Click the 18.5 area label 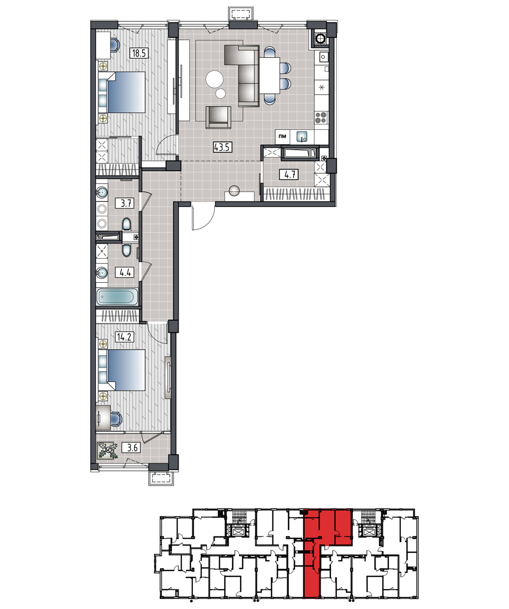point(139,53)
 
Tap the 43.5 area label point(223,147)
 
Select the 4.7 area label point(289,175)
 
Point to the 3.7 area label point(124,203)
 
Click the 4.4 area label point(124,273)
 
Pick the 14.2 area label point(124,337)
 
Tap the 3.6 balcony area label point(131,448)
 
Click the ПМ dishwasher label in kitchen point(282,136)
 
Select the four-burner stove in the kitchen point(321,118)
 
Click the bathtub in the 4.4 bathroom point(117,297)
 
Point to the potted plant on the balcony point(108,451)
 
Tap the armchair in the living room point(218,117)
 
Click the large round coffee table point(214,79)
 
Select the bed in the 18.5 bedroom point(122,92)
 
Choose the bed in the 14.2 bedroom point(122,370)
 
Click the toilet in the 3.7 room point(126,225)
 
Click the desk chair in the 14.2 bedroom point(116,419)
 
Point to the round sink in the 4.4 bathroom point(102,273)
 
